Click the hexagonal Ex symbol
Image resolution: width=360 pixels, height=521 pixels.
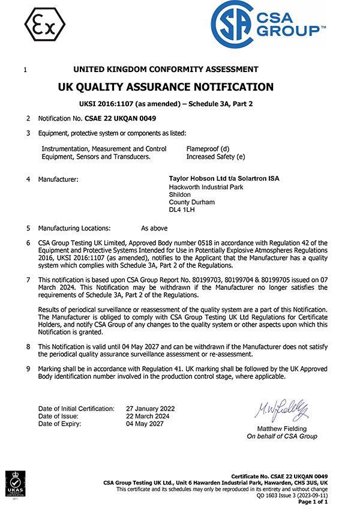coord(45,24)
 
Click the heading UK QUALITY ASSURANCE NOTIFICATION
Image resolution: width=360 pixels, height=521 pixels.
coord(166,87)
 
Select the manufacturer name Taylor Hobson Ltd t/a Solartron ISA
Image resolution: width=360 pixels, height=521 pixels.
coord(224,179)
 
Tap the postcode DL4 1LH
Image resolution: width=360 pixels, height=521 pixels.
coord(182,210)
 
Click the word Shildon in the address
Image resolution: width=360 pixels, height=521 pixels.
coord(181,194)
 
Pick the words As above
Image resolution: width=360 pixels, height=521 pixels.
coord(154,228)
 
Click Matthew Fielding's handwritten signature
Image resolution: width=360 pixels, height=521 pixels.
coord(281,410)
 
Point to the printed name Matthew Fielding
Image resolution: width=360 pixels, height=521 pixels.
coord(281,429)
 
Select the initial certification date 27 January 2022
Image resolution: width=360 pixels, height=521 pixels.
coord(150,409)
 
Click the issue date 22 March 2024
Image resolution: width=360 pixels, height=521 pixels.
coord(148,416)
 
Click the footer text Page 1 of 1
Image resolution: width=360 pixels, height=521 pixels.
coord(314,502)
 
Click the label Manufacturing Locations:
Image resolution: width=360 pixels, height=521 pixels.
coord(74,228)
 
